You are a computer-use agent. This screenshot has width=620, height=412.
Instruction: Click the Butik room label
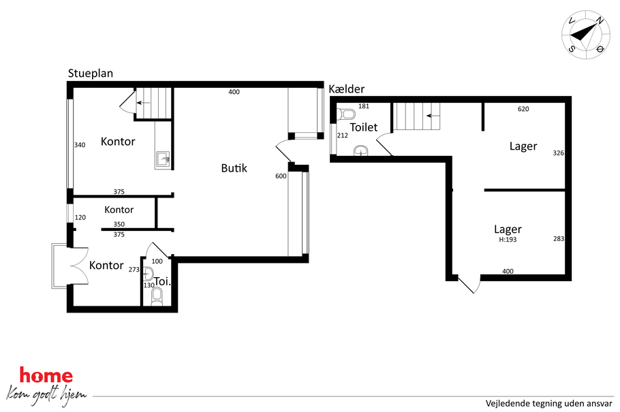pyautogui.click(x=234, y=168)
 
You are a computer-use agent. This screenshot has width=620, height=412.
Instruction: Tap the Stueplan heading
pyautogui.click(x=91, y=73)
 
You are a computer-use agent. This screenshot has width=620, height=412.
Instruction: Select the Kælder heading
pyautogui.click(x=346, y=89)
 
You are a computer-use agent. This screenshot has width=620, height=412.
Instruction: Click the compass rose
pyautogui.click(x=586, y=35)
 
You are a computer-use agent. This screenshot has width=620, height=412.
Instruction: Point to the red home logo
pyautogui.click(x=46, y=375)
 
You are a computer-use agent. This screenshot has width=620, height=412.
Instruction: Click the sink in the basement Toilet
pyautogui.click(x=360, y=150)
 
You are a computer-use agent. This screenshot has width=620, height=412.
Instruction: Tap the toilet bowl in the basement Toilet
pyautogui.click(x=346, y=114)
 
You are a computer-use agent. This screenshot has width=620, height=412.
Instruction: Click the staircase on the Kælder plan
pyautogui.click(x=416, y=116)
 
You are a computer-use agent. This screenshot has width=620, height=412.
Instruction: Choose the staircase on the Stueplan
pyautogui.click(x=153, y=103)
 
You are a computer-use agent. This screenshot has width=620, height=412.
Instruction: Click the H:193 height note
pyautogui.click(x=508, y=240)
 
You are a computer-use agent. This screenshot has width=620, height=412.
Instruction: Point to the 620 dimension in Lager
pyautogui.click(x=523, y=109)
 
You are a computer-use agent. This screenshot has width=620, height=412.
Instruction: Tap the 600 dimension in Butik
pyautogui.click(x=281, y=176)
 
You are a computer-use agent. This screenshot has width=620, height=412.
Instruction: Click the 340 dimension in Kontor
pyautogui.click(x=80, y=145)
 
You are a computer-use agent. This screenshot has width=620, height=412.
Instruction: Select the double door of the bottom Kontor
pyautogui.click(x=79, y=266)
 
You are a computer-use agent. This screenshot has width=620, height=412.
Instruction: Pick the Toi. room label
pyautogui.click(x=162, y=281)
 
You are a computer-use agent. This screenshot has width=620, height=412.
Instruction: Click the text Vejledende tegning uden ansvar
pyautogui.click(x=549, y=403)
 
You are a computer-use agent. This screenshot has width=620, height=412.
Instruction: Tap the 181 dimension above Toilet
pyautogui.click(x=363, y=106)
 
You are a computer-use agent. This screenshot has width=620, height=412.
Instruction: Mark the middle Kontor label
pyautogui.click(x=119, y=210)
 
